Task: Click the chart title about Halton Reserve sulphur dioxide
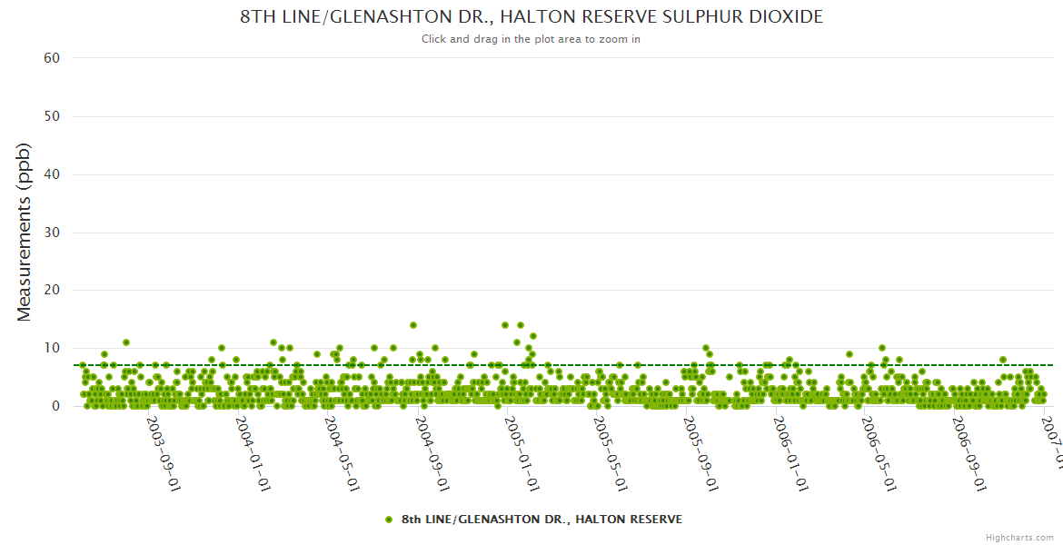[531, 17]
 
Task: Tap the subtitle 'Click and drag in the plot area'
[531, 39]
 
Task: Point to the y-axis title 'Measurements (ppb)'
[25, 232]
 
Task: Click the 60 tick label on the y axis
[52, 58]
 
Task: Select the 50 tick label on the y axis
[52, 116]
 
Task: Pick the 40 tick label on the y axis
[52, 174]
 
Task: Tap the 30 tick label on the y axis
[52, 233]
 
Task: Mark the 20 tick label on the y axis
[52, 291]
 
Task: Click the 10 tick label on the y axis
[52, 348]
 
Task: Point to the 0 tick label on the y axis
[56, 406]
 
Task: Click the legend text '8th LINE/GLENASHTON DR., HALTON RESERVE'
[541, 520]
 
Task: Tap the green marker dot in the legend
[389, 520]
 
